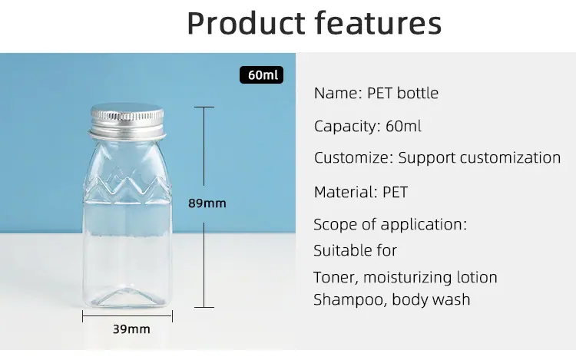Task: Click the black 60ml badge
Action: click(x=261, y=75)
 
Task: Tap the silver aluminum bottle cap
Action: click(x=127, y=120)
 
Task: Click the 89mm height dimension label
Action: click(x=207, y=203)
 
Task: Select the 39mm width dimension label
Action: click(x=131, y=329)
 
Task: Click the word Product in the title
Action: click(x=246, y=23)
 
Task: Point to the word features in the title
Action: click(x=379, y=23)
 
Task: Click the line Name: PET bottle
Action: click(x=376, y=93)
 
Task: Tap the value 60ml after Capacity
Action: click(x=403, y=126)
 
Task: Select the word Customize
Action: click(x=353, y=158)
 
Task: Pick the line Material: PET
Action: click(x=361, y=192)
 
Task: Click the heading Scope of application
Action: click(x=390, y=225)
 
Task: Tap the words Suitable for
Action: click(x=356, y=251)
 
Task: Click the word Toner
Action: click(x=336, y=278)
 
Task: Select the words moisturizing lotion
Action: click(x=430, y=277)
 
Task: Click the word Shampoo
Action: click(x=350, y=300)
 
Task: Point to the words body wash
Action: click(x=431, y=299)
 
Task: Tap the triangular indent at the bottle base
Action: click(x=127, y=297)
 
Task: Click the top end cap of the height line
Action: click(x=204, y=107)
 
